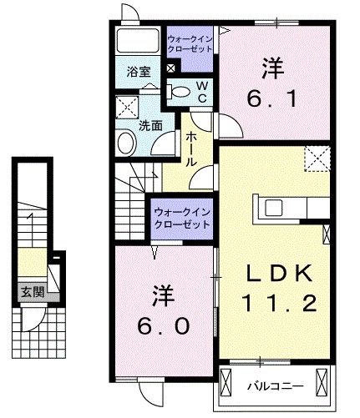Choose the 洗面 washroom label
[x=150, y=126]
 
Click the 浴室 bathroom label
[x=136, y=72]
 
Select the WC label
[x=201, y=91]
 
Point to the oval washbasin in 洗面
[x=126, y=143]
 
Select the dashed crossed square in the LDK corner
[x=317, y=157]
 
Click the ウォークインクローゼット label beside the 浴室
[x=191, y=43]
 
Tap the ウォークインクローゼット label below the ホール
[x=181, y=219]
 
